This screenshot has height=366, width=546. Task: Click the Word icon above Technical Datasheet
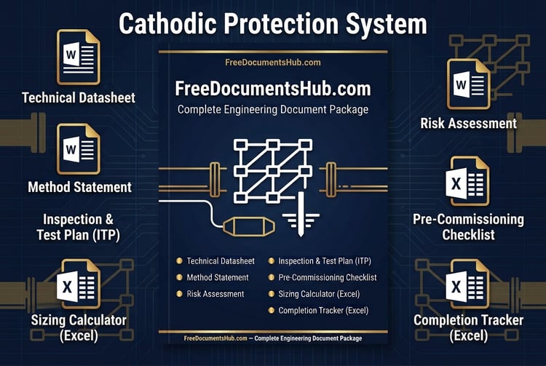79,57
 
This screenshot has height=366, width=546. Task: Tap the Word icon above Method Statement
79,149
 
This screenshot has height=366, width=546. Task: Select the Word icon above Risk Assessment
469,84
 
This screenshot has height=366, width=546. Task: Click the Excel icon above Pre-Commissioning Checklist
467,181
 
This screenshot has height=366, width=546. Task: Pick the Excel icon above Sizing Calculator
79,284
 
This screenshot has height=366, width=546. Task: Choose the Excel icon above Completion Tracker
467,284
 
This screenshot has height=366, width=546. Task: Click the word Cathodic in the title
167,24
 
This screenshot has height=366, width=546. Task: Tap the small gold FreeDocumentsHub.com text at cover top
273,63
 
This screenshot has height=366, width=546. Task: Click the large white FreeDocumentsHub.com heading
273,89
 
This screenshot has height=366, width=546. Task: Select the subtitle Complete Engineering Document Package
273,110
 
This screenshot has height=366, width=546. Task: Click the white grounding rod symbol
301,214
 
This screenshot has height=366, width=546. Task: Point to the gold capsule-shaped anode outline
249,226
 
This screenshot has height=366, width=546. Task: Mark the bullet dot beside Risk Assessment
179,294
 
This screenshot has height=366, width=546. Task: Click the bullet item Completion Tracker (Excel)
323,310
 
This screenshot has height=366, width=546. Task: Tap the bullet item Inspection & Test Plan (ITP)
325,261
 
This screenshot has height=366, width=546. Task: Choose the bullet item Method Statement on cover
217,277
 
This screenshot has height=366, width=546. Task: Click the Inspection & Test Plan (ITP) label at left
79,227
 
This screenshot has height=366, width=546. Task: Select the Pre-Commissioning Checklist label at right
468,227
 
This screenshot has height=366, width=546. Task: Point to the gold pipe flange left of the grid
215,179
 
